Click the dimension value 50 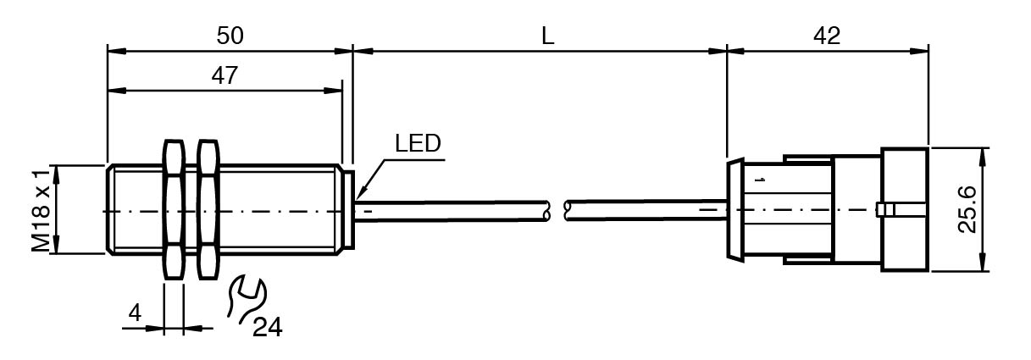coord(230,36)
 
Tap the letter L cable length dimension coord(548,36)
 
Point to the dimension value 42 coord(826,36)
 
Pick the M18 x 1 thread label coord(41,210)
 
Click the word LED coord(418,144)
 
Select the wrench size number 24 coord(267,326)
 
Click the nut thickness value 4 coord(134,313)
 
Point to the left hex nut coord(172,210)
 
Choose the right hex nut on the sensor coord(208,210)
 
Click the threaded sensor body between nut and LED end coord(280,210)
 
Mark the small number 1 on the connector coord(760,181)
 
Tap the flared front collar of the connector coord(735,210)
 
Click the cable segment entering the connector coord(644,210)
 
